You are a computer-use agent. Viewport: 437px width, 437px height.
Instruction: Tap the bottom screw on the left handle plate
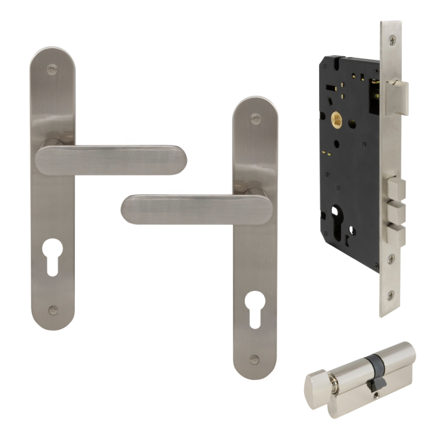pos(52,310)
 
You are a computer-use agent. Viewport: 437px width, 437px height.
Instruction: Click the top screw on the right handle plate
pos(255,119)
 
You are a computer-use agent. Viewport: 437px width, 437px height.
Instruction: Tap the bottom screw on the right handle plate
pos(255,359)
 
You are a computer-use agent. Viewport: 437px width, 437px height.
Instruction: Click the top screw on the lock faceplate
pos(391,40)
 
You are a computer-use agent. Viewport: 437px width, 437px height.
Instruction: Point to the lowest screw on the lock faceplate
pos(391,296)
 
